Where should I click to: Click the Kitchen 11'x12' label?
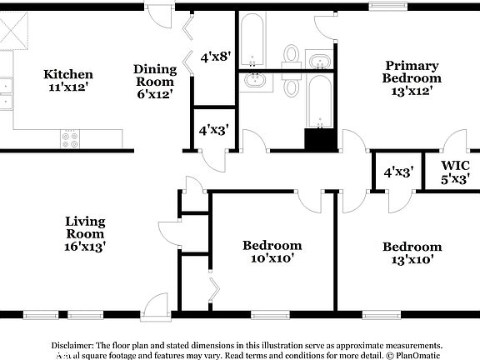tap(68, 81)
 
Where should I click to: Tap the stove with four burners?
tap(71, 139)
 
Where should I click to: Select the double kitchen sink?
tap(6, 93)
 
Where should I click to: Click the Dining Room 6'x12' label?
tap(155, 82)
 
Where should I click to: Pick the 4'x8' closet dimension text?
tap(215, 57)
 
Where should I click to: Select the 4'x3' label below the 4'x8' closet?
tap(213, 130)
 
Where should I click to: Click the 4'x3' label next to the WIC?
tap(397, 172)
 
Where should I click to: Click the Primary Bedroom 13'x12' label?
tap(412, 78)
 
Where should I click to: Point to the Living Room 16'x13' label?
tap(86, 233)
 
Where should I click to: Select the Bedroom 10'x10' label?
tap(272, 252)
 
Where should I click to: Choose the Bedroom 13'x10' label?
tap(412, 252)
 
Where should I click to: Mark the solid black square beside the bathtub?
tap(317, 139)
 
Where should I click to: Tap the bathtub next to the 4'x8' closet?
tap(252, 42)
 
